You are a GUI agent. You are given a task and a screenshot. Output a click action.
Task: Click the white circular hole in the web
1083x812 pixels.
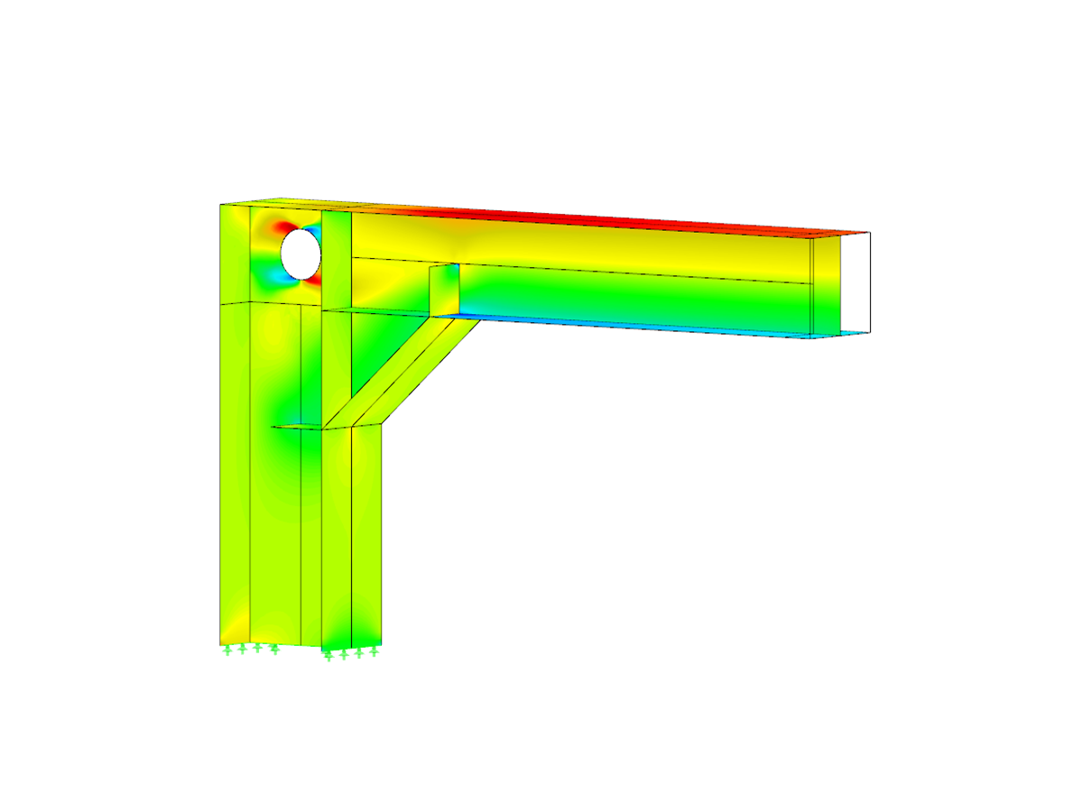(301, 253)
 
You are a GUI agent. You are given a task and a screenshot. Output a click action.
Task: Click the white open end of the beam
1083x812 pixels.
(856, 281)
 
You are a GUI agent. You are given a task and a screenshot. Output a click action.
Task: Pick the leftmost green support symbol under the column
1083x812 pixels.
(227, 649)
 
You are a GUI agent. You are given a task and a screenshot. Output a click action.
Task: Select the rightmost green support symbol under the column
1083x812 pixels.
(374, 651)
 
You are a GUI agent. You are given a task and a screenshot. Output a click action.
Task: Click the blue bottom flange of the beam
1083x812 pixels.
(632, 326)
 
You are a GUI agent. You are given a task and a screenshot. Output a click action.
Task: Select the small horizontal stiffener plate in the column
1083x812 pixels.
(298, 426)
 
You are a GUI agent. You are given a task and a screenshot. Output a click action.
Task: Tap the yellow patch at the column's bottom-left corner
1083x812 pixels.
(232, 627)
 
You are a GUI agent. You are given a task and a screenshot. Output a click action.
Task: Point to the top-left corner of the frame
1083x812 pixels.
(221, 205)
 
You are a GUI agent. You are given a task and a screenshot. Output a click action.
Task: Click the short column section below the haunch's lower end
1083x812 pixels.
(366, 532)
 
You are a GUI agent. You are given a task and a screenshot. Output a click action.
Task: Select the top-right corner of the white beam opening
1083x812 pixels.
(870, 233)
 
